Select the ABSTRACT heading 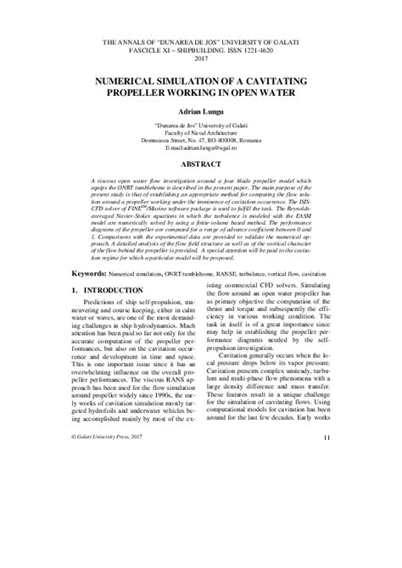[x=201, y=164]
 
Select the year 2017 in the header [x=201, y=59]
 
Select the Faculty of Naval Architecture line [x=201, y=131]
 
